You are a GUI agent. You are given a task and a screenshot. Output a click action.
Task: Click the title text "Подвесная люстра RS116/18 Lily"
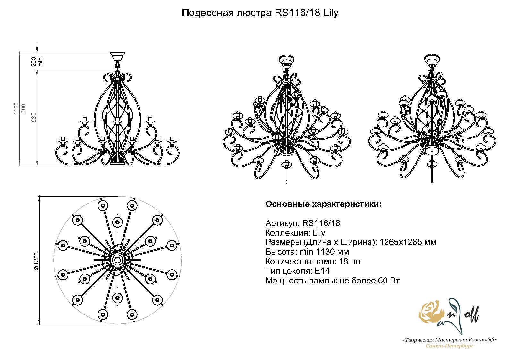click(260, 13)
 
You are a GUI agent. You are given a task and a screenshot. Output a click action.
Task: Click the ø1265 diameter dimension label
click(36, 260)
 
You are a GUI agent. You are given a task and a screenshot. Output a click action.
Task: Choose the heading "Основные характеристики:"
click(323, 204)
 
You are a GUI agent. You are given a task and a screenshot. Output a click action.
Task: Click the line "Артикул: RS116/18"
click(303, 223)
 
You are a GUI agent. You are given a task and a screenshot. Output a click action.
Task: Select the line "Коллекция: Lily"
click(295, 233)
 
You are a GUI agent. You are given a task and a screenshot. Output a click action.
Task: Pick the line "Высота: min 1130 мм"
click(307, 252)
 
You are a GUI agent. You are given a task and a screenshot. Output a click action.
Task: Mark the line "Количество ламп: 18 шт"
click(313, 261)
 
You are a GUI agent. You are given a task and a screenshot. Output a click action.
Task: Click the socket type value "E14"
click(322, 271)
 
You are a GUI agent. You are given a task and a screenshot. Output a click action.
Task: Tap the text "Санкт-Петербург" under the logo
click(449, 346)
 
